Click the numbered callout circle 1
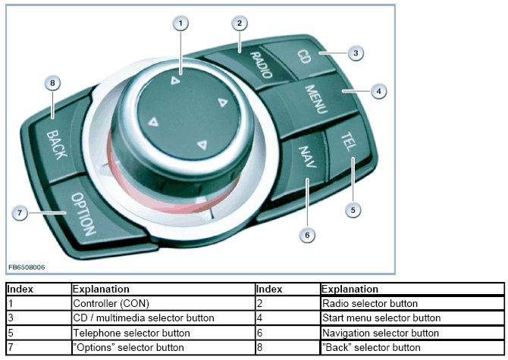click(x=180, y=23)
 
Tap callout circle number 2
click(x=239, y=23)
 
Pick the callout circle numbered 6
click(x=307, y=235)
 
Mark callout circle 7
click(x=20, y=213)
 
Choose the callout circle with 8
click(x=52, y=83)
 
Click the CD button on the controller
click(x=303, y=57)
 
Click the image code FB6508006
click(x=27, y=267)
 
